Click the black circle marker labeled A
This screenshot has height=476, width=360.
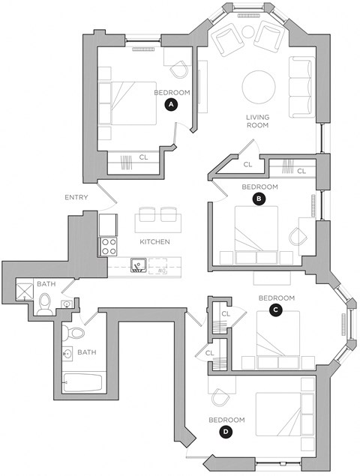point(171,105)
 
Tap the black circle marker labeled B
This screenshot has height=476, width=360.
point(259,199)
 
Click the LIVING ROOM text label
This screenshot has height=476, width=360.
point(258,121)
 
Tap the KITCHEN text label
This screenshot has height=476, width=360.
point(154,242)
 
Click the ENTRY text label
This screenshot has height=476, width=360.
point(76,198)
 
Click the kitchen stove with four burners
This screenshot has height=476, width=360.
point(107,246)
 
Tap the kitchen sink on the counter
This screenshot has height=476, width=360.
point(137,265)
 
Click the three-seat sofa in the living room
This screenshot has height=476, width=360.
point(301,87)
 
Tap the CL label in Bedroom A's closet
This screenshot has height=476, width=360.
point(143,157)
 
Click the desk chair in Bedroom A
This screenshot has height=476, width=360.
point(178,70)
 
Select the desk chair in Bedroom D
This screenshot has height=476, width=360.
point(220,397)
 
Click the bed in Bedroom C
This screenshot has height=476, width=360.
point(277,339)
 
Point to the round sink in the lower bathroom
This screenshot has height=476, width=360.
point(68,353)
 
